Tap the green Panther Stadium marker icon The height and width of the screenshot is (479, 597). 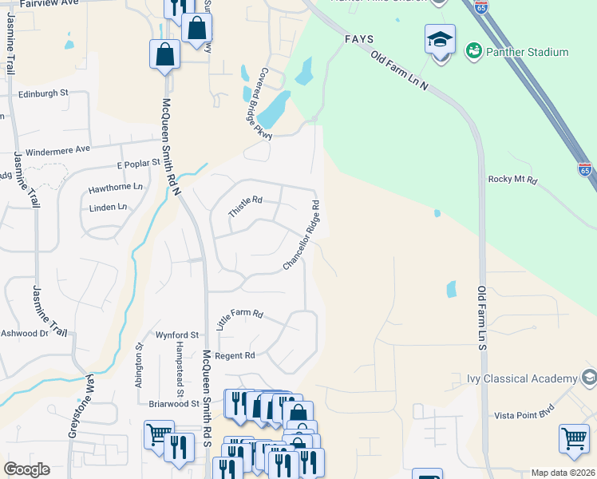[473, 51]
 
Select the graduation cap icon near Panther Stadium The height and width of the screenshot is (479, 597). [440, 39]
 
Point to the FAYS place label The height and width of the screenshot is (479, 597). [359, 38]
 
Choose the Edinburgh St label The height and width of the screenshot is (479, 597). [43, 93]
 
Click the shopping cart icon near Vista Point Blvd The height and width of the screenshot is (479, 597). [574, 438]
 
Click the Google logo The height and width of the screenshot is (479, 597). [26, 469]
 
